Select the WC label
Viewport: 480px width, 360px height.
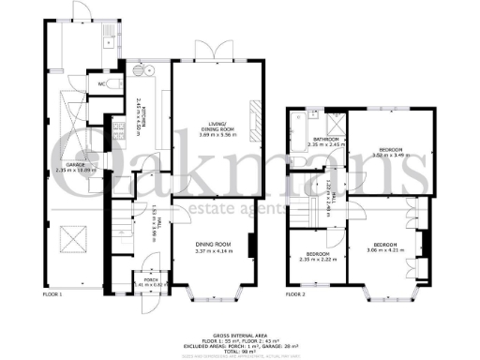101,84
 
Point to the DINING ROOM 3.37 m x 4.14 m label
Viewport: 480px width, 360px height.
211,223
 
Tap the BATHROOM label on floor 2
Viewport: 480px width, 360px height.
328,142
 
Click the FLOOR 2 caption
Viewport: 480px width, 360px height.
297,295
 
